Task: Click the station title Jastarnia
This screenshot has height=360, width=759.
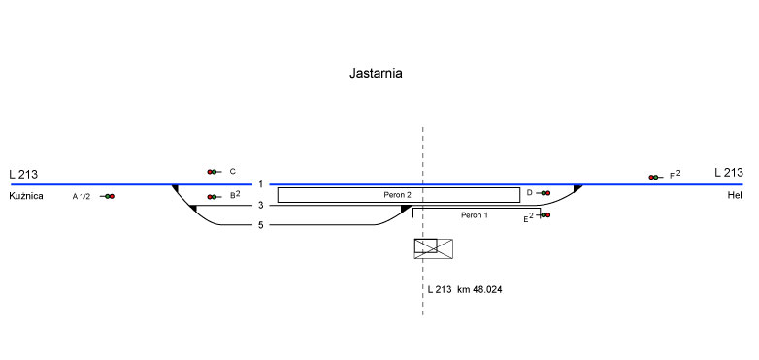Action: pos(376,74)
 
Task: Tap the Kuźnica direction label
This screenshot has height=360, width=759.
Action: pos(26,196)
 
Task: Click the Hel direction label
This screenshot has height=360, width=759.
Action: pos(734,195)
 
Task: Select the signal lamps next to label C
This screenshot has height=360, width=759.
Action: pos(212,172)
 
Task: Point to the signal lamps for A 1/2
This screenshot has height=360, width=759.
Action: pos(110,196)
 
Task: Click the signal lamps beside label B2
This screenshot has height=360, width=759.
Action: pos(212,197)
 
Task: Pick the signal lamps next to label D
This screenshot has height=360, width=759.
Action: pos(545,193)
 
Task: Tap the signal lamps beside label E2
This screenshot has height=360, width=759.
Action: pos(545,214)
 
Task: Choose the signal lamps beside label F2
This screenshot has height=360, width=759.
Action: pos(653,178)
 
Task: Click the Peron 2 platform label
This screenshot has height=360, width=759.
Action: pos(397,195)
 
